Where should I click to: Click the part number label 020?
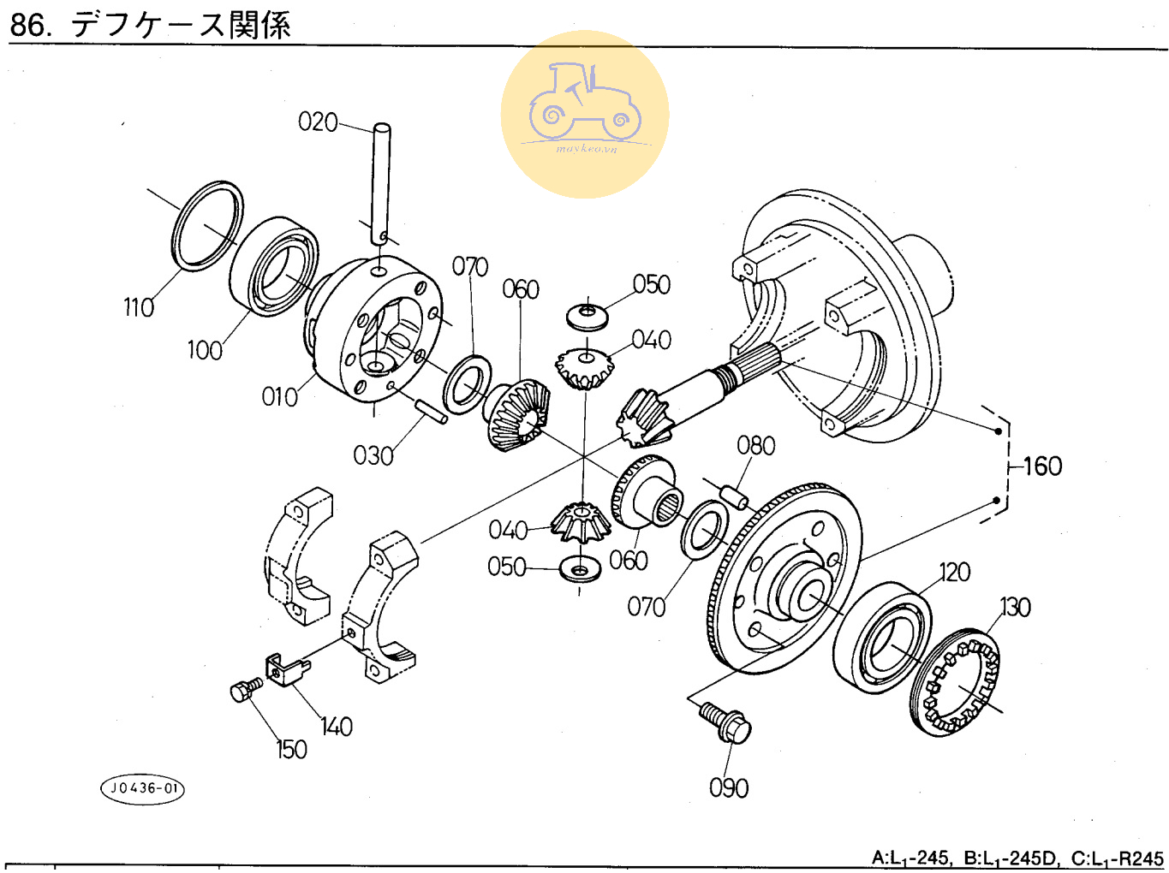pyautogui.click(x=318, y=122)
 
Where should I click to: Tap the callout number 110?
pyautogui.click(x=139, y=307)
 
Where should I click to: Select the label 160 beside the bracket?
pyautogui.click(x=1042, y=466)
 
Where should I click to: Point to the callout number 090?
pyautogui.click(x=729, y=787)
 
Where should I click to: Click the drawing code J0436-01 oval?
pyautogui.click(x=142, y=788)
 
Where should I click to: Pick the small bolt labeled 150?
pyautogui.click(x=245, y=689)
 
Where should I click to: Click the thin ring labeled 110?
pyautogui.click(x=208, y=225)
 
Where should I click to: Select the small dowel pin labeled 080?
pyautogui.click(x=734, y=496)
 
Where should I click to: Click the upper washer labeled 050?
pyautogui.click(x=588, y=315)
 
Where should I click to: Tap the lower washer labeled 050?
pyautogui.click(x=580, y=568)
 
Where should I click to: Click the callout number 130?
pyautogui.click(x=1016, y=608)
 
